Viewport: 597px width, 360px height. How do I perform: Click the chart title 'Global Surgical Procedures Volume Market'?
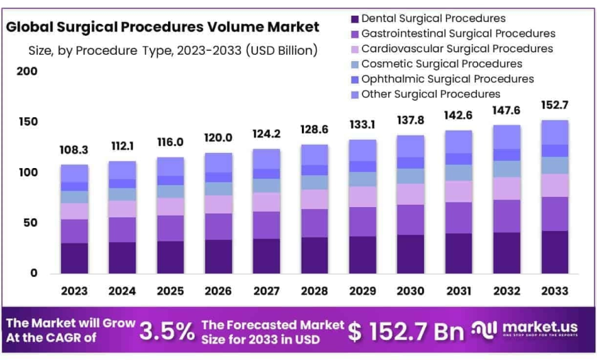163,27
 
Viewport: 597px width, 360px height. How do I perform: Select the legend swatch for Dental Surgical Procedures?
354,19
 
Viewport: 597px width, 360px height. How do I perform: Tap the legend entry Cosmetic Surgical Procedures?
441,64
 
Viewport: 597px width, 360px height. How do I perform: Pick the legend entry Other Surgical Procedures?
430,94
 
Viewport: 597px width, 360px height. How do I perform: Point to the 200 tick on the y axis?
27,71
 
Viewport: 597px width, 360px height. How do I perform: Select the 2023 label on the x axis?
74,291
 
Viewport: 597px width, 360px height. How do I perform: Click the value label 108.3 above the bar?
74,149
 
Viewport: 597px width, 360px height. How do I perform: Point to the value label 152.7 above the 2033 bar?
554,105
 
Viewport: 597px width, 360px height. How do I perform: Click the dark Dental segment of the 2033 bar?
554,252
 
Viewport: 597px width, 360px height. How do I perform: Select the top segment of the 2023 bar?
74,173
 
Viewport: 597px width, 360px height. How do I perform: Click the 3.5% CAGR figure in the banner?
167,331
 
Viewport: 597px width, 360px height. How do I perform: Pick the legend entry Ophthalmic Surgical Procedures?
447,79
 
